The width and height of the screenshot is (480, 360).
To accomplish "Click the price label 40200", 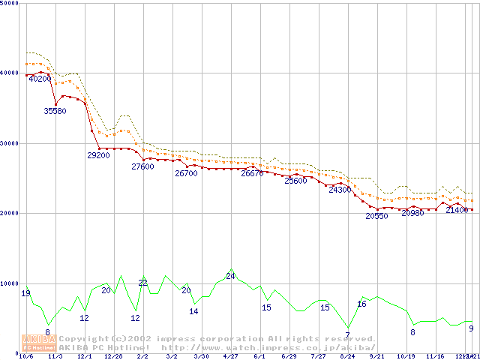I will (x=39, y=79).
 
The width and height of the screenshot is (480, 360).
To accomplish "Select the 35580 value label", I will (x=55, y=111).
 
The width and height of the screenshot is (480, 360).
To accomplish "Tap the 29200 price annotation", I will (x=99, y=156).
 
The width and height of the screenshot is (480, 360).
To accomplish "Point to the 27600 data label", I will (x=142, y=167).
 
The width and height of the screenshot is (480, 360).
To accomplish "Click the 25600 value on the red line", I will (x=295, y=181).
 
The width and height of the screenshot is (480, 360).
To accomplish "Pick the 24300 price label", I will (x=340, y=190).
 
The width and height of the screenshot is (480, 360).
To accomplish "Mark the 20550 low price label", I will (x=376, y=216).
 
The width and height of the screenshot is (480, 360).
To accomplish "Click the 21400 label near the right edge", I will (x=457, y=211).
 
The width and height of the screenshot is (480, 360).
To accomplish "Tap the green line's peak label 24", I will (x=230, y=277).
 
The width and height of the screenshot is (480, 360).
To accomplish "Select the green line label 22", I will (x=142, y=283).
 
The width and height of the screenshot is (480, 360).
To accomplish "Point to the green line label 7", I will (x=347, y=335).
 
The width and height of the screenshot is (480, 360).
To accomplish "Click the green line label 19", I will (x=26, y=293).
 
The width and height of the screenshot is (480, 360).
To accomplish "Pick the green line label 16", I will (x=361, y=304).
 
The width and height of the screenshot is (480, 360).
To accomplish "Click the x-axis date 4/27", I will (x=230, y=357).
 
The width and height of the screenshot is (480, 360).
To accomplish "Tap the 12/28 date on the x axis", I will (x=113, y=357).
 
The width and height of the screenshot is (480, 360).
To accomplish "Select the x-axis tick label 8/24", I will (x=347, y=357).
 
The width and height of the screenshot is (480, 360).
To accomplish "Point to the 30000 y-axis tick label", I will (x=10, y=143).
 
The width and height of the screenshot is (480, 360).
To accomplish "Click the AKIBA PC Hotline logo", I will (x=39, y=343).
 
